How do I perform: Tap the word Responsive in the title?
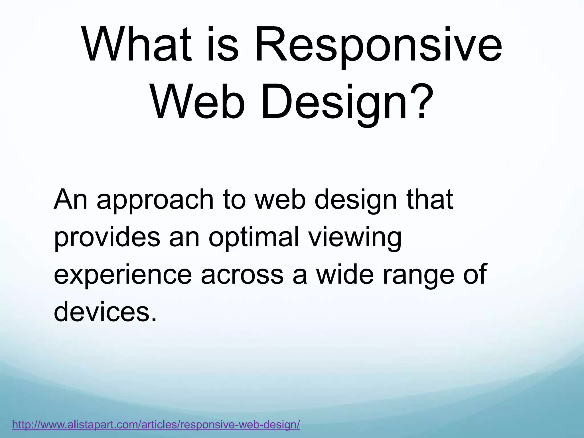(378, 46)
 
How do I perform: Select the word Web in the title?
(197, 102)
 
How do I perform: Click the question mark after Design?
(422, 102)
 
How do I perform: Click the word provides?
(107, 238)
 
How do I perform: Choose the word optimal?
(254, 238)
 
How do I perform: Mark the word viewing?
(355, 238)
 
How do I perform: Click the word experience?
(123, 276)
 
